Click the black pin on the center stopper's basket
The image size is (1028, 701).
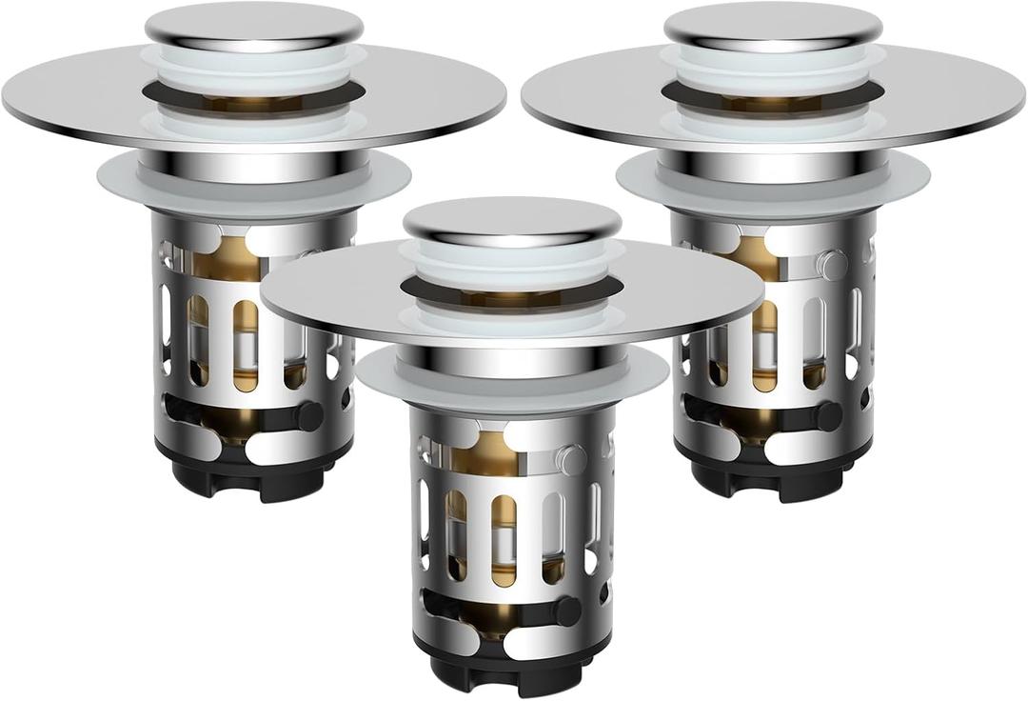coord(566,611)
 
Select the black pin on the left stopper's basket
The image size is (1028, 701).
coord(308,415)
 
